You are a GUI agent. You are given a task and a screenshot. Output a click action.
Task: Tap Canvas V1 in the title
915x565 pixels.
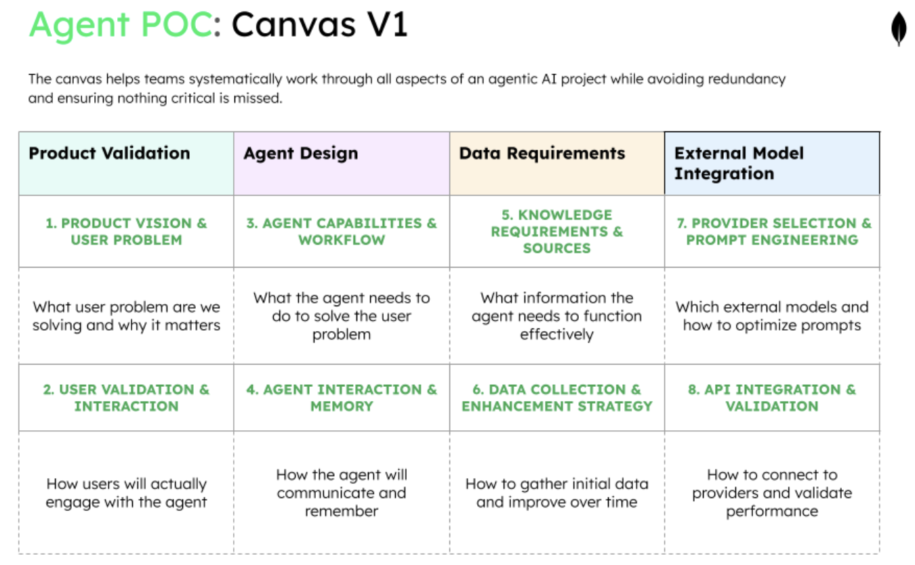click(319, 26)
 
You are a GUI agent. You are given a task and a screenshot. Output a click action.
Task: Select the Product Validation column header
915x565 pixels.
click(109, 153)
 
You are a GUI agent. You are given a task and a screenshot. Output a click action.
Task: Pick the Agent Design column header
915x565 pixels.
click(300, 153)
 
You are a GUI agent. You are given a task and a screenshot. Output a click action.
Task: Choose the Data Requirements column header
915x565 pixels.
click(542, 153)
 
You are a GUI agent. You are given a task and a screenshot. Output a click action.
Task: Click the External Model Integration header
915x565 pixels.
click(739, 163)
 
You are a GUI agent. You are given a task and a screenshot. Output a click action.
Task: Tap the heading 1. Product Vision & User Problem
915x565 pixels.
click(126, 232)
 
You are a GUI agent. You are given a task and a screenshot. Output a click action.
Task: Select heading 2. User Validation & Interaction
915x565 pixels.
click(126, 398)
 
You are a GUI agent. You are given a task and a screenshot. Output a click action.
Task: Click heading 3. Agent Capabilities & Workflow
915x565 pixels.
click(342, 232)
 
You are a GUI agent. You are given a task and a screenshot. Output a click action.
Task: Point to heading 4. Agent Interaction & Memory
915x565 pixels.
click(342, 398)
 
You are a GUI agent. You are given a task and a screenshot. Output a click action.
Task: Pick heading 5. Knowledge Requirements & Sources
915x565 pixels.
click(556, 232)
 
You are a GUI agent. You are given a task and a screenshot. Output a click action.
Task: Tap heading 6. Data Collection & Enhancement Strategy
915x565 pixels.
click(556, 398)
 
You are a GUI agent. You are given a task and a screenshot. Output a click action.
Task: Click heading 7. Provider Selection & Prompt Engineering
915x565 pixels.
click(772, 232)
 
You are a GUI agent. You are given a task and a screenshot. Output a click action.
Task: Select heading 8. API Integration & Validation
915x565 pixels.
click(772, 398)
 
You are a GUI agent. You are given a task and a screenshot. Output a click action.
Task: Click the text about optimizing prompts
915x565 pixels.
click(772, 316)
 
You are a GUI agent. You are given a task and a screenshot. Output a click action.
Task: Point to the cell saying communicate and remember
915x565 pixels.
click(342, 493)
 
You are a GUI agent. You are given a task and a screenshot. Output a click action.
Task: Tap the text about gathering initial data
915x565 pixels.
click(556, 493)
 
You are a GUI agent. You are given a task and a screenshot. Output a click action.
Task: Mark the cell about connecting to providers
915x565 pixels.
click(772, 493)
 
